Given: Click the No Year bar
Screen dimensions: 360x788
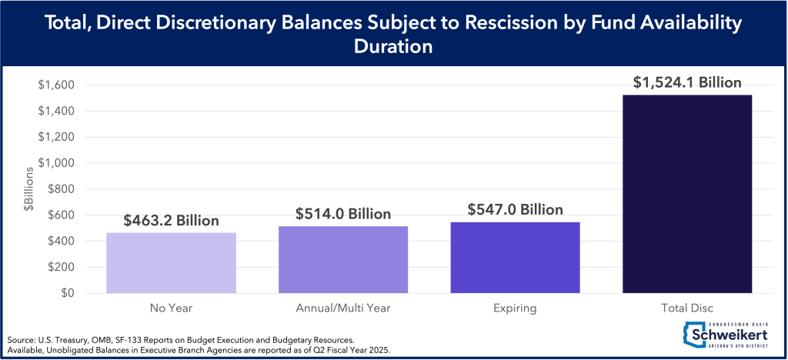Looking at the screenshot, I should point(172,262).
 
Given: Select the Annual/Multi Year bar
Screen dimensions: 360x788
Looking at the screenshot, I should point(343,259).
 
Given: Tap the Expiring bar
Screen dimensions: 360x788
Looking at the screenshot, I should point(515,257).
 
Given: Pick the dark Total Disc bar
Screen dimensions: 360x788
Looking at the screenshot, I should point(686,194).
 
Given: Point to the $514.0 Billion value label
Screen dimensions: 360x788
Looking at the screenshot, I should point(343,214).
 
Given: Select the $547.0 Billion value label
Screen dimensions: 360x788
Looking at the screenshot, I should point(515,209).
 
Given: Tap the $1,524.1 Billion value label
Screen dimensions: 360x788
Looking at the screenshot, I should point(686,82).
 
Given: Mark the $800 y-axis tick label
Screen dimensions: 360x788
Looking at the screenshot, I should point(61,189).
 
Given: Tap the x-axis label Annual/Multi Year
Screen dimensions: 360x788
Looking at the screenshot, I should point(343,308).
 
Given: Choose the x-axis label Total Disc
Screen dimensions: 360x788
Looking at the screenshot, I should point(686,308).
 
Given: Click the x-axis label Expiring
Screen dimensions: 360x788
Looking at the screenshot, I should point(515,308).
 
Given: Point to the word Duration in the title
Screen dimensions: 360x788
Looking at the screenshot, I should point(394,46).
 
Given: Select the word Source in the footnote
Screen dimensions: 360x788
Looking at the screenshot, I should point(21,339).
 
